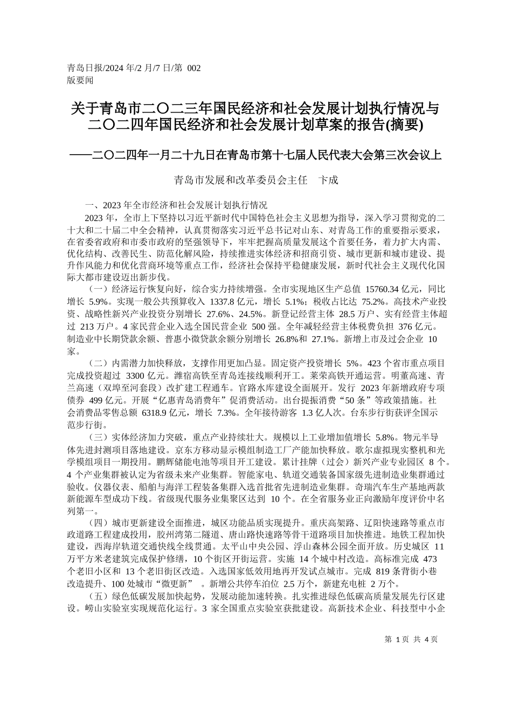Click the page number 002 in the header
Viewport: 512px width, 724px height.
(x=193, y=68)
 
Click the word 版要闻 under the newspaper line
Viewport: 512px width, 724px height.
(x=80, y=80)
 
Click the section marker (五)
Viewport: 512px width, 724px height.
(x=98, y=596)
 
